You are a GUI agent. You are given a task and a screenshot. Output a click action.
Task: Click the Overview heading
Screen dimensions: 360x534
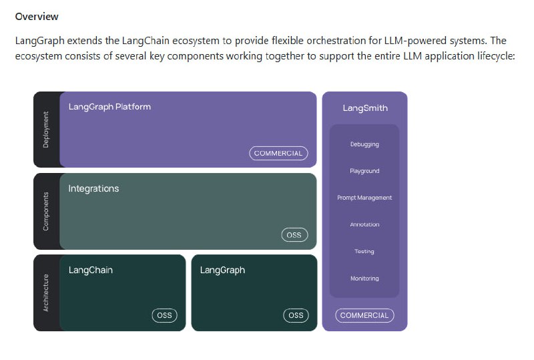click(37, 16)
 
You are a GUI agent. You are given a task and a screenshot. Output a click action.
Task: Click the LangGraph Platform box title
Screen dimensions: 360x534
click(109, 106)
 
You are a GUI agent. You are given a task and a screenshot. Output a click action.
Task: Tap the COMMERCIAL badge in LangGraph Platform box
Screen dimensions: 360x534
click(278, 153)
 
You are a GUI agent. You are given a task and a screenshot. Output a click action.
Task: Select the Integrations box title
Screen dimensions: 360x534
click(93, 188)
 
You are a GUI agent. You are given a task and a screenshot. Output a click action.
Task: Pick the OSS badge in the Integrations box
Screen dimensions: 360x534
click(294, 234)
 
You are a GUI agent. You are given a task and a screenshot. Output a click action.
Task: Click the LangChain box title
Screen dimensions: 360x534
click(90, 270)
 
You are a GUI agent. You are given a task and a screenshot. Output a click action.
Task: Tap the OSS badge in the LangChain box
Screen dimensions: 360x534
click(164, 315)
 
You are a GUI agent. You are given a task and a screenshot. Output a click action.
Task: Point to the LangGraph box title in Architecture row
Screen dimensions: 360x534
click(222, 270)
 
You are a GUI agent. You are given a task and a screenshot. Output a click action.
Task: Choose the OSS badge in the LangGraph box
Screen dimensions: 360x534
click(295, 315)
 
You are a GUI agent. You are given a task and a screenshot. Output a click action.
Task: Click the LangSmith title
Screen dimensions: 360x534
click(364, 108)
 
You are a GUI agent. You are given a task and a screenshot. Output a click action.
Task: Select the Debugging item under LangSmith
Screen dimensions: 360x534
click(364, 144)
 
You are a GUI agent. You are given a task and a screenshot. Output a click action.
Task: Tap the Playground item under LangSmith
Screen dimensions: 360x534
click(364, 171)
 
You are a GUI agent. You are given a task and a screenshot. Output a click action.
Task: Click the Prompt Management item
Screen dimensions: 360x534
click(364, 198)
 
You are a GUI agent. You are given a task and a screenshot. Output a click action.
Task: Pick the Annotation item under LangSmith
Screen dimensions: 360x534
click(364, 224)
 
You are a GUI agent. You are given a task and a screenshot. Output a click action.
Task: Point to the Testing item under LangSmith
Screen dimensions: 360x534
click(364, 251)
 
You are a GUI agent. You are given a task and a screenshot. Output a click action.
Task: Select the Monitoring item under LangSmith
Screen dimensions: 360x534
click(364, 278)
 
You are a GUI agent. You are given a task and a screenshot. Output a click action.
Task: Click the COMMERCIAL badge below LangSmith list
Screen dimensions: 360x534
click(364, 315)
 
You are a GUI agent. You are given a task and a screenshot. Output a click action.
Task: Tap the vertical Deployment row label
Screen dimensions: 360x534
click(46, 130)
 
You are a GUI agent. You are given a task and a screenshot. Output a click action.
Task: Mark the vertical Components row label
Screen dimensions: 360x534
click(46, 211)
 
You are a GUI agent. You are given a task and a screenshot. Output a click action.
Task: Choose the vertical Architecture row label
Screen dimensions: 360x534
click(46, 293)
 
